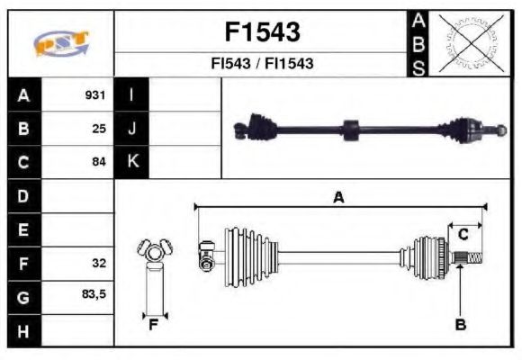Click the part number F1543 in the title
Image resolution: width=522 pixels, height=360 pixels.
coord(262,32)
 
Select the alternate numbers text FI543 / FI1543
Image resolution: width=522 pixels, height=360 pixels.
coord(262,65)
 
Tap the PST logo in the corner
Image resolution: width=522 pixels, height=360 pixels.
coord(61,43)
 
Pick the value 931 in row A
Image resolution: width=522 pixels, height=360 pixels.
coord(95,94)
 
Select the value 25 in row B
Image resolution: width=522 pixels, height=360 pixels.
coord(99,128)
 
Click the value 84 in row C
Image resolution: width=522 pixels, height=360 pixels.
coord(99,162)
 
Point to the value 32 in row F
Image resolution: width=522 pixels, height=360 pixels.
coord(99,264)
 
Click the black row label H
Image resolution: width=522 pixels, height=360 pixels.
coord(22,331)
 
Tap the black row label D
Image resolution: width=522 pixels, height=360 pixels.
coord(22,195)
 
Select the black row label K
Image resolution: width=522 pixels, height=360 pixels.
coord(131,162)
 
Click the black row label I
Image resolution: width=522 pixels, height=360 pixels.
coord(131,94)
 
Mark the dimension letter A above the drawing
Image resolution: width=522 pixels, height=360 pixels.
coord(338,198)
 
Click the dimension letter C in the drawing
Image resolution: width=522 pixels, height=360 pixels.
coord(463,235)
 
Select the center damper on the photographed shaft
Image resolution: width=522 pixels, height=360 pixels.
coord(351,128)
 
